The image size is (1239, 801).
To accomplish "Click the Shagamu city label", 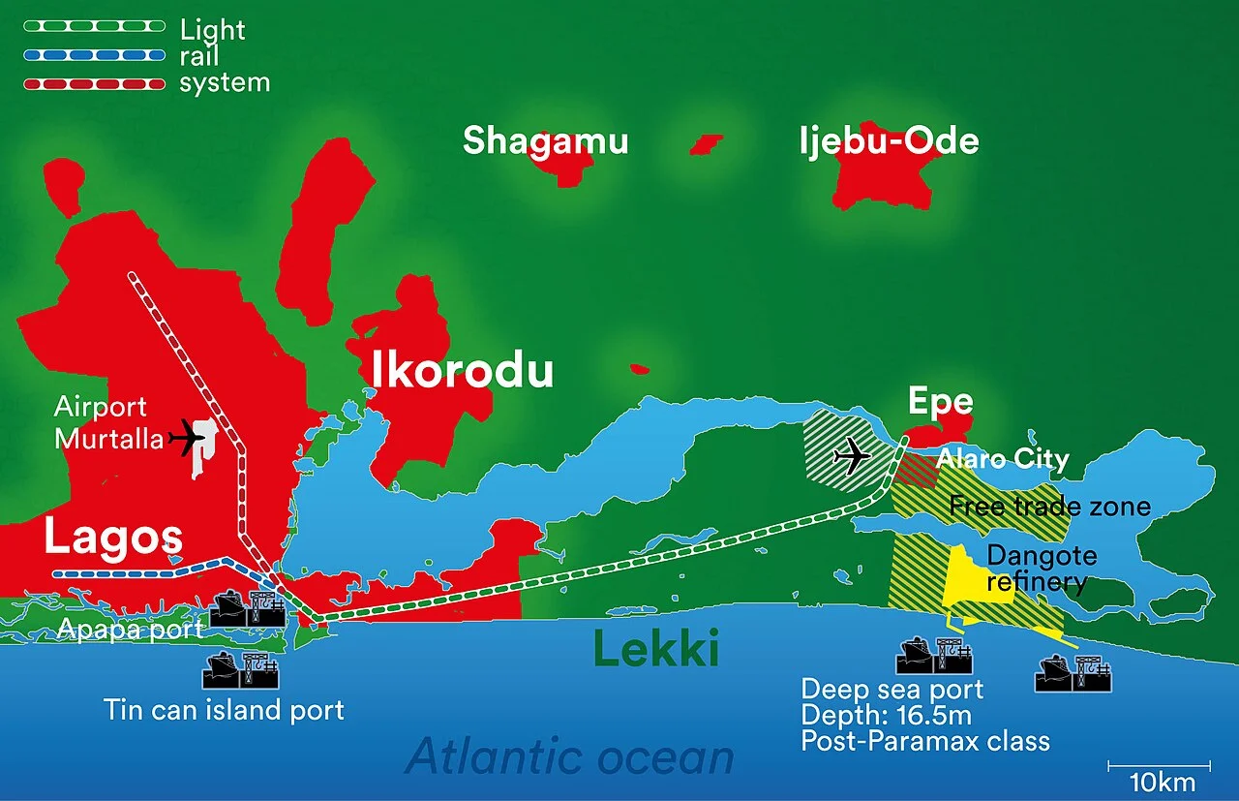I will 545,141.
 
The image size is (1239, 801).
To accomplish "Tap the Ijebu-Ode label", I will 889,141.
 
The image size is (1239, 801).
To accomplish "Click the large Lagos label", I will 112,539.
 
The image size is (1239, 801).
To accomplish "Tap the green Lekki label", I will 655,650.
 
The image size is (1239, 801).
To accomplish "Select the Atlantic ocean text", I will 569,756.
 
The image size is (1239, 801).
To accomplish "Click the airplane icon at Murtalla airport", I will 187,440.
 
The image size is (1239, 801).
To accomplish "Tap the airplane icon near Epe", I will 851,455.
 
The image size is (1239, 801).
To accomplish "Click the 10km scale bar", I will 1159,767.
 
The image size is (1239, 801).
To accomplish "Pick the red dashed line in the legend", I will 95,84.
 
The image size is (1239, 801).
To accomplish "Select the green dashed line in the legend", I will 95,29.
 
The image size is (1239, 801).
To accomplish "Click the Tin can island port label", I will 224,710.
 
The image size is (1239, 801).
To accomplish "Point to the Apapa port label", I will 130,630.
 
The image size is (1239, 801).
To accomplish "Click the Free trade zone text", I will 1049,506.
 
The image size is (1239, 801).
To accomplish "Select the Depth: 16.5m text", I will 885,716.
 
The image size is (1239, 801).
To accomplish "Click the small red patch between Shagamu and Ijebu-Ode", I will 707,144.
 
